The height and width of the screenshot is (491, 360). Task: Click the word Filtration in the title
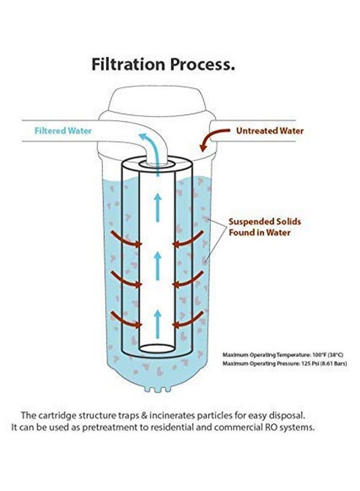click(128, 64)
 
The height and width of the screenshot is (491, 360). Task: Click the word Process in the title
click(202, 65)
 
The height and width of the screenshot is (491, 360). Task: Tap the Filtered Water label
click(63, 130)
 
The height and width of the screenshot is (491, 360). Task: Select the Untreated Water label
click(270, 130)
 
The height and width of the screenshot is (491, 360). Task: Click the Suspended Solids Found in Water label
click(265, 227)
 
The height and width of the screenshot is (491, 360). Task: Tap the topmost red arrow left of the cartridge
click(126, 239)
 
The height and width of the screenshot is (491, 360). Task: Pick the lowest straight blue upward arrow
click(158, 324)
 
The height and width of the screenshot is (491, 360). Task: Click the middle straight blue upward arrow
click(158, 266)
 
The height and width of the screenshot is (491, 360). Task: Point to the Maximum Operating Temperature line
click(283, 355)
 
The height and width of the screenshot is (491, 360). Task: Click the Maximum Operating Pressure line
click(285, 363)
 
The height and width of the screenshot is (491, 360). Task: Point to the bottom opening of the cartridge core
click(157, 349)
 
